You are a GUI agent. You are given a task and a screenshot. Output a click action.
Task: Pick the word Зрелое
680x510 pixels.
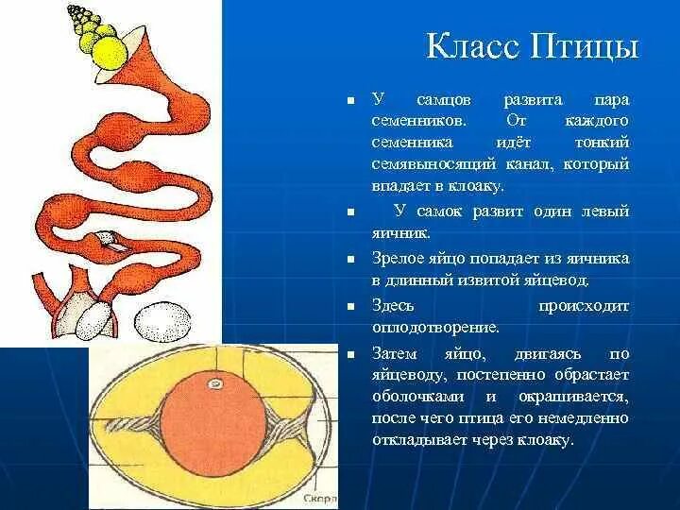(398, 259)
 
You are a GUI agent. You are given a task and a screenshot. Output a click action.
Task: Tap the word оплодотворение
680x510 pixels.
(434, 328)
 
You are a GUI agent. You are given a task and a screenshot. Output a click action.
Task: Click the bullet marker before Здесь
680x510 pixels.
(349, 306)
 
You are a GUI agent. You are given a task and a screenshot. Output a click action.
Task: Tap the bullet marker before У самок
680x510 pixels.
(349, 212)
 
